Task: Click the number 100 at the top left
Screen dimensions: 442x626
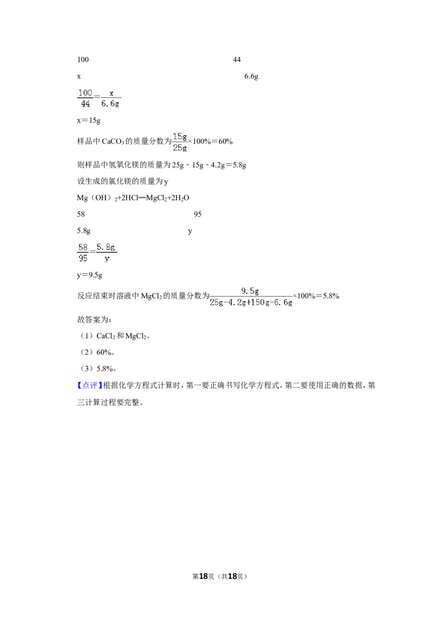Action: (83, 60)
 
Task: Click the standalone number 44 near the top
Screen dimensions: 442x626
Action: (236, 60)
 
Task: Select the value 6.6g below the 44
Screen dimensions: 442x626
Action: (251, 76)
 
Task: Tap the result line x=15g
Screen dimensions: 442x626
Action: (88, 120)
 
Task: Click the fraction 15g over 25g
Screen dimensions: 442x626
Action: (180, 142)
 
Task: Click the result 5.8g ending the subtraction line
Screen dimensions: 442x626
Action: (239, 165)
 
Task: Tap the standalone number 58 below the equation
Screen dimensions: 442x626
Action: (81, 214)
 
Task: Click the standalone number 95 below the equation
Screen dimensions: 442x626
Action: (197, 214)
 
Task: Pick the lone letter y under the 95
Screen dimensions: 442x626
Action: (190, 231)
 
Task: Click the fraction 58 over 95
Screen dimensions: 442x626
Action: (83, 253)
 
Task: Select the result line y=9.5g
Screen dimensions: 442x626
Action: (90, 275)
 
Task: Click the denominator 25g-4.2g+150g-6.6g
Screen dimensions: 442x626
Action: (251, 302)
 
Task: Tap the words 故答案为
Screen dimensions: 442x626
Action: (94, 320)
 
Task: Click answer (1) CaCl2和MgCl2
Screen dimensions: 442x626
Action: (114, 336)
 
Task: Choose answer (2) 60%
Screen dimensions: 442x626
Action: (97, 352)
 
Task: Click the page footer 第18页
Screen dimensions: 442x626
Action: (203, 576)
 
